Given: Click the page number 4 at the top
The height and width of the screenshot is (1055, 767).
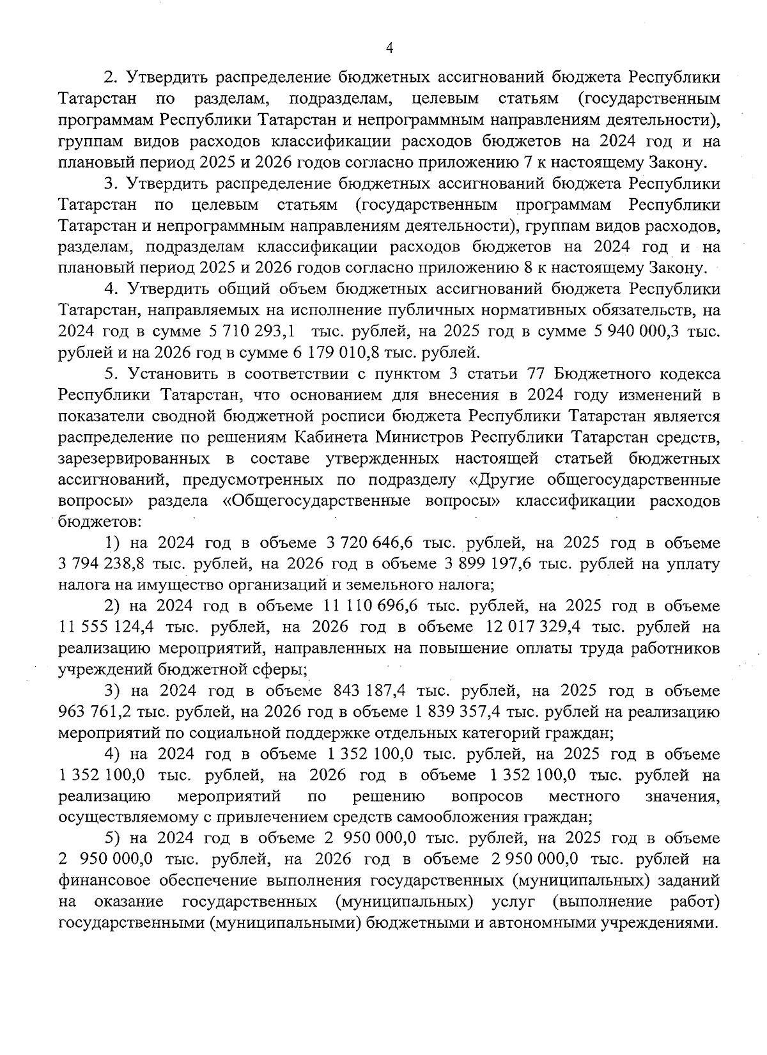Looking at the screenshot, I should (x=389, y=49).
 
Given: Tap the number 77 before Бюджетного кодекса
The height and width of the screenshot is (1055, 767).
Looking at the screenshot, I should (x=536, y=374).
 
